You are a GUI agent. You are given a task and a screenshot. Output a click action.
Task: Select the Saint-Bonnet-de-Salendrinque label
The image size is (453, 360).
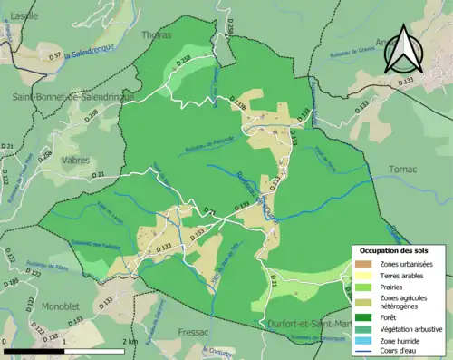(x=72, y=96)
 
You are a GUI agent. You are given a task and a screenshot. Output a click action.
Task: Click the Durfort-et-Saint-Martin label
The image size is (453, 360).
(x=308, y=324)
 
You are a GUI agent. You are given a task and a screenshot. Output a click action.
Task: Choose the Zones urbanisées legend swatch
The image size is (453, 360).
(x=362, y=264)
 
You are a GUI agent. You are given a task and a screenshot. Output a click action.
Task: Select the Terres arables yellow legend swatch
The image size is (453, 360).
(x=362, y=275)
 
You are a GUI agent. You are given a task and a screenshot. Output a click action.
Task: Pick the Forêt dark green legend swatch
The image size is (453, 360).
(x=362, y=317)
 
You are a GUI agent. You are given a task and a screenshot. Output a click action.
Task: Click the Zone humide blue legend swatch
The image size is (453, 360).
(x=362, y=339)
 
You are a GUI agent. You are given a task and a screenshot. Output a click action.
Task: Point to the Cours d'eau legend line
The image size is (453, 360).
(x=362, y=350)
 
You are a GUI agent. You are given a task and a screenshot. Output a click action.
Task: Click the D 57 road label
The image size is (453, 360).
(x=54, y=56)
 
